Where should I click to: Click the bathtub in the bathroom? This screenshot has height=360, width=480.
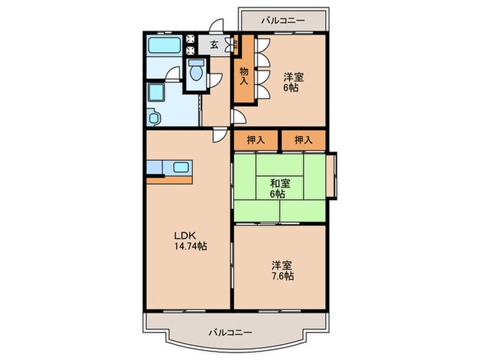click(164, 46)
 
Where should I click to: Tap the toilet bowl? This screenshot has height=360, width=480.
click(196, 72)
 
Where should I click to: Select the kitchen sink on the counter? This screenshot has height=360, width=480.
click(182, 167)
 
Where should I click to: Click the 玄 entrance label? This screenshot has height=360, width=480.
click(214, 45)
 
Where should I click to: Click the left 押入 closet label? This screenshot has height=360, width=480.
click(255, 140)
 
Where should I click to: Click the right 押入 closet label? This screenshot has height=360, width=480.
click(303, 140)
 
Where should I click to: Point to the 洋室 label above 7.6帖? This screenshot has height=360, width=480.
click(280, 265)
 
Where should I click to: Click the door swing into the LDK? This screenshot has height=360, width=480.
click(219, 135)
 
